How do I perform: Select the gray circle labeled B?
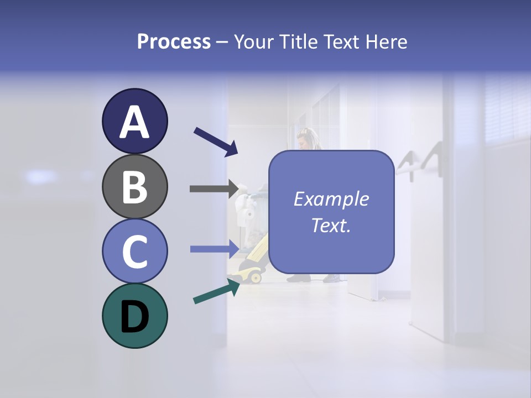(x=134, y=187)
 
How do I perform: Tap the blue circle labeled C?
(x=134, y=251)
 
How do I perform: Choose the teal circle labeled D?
(x=134, y=316)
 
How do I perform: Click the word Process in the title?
(x=174, y=41)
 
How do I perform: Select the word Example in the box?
(x=331, y=199)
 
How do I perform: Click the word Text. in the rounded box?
(x=331, y=226)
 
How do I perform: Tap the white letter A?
(x=134, y=122)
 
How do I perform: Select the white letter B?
(x=134, y=187)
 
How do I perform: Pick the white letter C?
(x=134, y=252)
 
